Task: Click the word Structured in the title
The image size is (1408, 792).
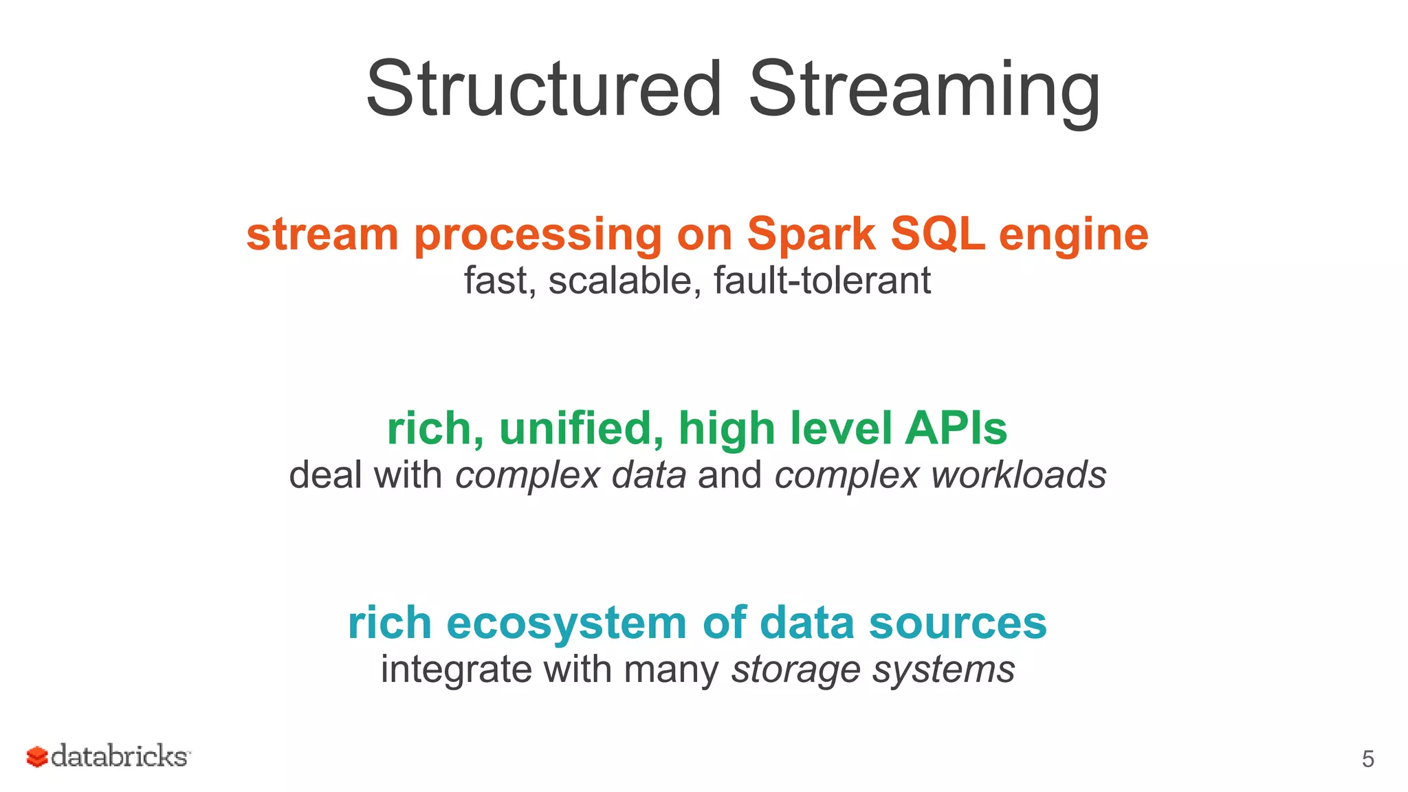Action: (543, 89)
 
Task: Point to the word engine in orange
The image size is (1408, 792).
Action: (1073, 237)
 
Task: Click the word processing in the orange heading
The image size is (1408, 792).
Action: (538, 237)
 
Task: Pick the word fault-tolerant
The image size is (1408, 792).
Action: (822, 280)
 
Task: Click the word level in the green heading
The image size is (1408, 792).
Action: (841, 428)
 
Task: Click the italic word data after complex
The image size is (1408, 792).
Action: (648, 475)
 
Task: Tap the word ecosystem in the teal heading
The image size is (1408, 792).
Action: (566, 624)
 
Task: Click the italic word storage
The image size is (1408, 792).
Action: (795, 670)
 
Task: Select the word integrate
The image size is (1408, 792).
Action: (456, 670)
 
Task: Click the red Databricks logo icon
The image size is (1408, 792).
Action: (36, 757)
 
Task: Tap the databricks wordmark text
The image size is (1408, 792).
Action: (120, 756)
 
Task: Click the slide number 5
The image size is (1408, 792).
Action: (1367, 759)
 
